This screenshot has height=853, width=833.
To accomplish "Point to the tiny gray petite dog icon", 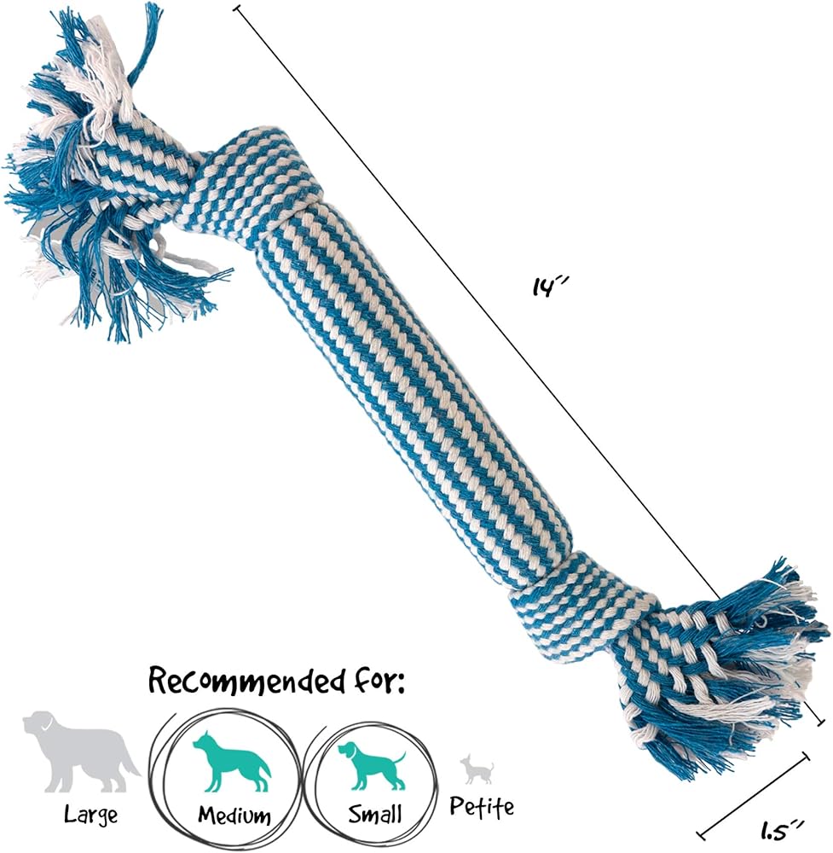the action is [477, 769].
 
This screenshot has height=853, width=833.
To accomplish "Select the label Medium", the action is [234, 815].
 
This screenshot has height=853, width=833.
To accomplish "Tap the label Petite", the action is [482, 807].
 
